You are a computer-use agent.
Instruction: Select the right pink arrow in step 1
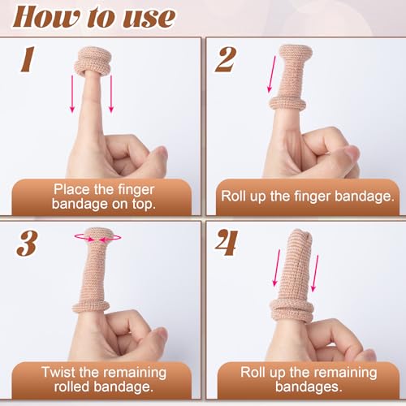[111, 93]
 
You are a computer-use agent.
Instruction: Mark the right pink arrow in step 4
[314, 273]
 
